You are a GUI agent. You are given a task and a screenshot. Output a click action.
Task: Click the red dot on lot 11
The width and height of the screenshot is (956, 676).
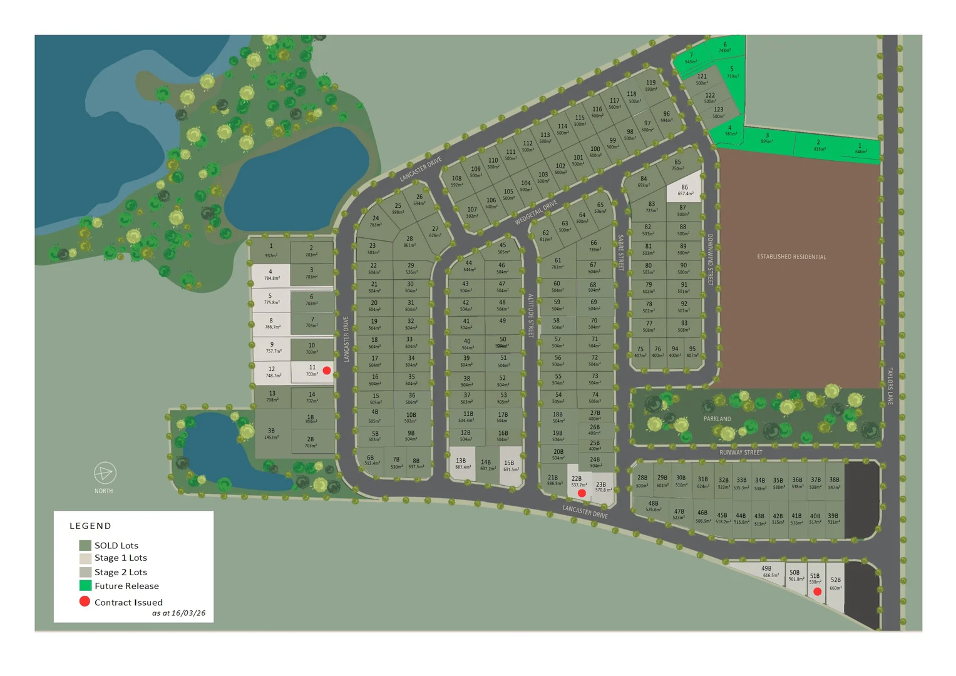[327, 371]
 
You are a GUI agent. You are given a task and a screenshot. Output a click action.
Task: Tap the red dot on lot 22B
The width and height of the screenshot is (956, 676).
[582, 493]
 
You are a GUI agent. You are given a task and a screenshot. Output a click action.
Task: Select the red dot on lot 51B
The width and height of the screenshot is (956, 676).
[817, 591]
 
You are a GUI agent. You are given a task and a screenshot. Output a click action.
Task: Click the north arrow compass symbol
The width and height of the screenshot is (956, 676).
[105, 473]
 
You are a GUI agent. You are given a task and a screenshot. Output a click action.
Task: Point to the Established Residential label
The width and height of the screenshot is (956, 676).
[791, 257]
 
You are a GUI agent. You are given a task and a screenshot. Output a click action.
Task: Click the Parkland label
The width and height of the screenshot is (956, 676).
[717, 419]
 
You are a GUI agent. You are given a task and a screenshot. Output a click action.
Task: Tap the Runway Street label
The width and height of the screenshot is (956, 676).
[741, 452]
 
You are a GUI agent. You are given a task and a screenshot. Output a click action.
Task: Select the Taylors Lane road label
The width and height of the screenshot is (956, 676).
[890, 386]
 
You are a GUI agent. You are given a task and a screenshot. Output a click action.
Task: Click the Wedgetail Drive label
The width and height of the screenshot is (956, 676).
[536, 213]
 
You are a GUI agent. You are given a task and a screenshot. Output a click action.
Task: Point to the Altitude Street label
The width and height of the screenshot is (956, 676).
[530, 315]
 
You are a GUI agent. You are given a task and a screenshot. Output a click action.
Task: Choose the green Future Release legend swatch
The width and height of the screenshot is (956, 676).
[85, 586]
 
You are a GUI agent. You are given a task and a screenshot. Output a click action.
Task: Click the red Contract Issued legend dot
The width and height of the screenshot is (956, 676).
[85, 602]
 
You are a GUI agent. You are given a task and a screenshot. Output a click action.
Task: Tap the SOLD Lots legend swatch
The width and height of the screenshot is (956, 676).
[85, 545]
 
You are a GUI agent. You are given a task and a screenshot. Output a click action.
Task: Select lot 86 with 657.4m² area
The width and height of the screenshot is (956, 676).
[684, 190]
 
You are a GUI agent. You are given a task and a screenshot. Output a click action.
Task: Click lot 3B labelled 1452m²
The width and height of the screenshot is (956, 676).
[272, 433]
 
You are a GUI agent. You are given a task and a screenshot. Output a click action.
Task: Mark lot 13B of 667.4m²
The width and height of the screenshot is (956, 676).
[462, 464]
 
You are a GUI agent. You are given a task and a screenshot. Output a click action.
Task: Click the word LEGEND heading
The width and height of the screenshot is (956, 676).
[90, 526]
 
